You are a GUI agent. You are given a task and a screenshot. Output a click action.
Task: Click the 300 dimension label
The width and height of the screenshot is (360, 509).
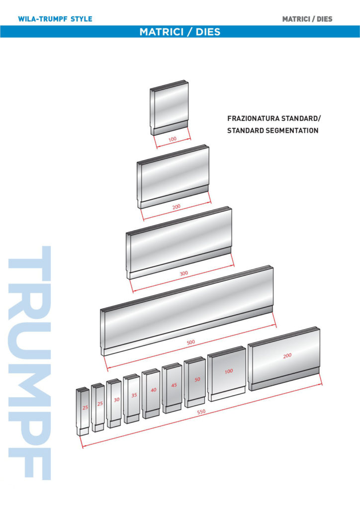(x=184, y=273)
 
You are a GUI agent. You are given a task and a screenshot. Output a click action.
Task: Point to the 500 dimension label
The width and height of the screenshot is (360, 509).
(x=191, y=342)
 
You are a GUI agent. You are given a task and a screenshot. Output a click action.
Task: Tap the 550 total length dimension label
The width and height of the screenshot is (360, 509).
(x=201, y=412)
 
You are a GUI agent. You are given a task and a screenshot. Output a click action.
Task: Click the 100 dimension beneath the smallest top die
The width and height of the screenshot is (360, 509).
(x=173, y=139)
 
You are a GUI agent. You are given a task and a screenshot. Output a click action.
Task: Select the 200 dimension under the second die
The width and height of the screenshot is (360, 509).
(x=176, y=206)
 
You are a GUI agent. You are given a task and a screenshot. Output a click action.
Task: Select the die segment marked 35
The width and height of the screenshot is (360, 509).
(x=131, y=399)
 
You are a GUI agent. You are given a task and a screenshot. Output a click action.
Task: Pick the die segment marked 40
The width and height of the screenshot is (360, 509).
(x=151, y=394)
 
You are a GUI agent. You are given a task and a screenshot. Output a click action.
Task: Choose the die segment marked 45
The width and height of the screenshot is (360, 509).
(x=172, y=388)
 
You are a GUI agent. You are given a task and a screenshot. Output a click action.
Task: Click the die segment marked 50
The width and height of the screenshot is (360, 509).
(x=195, y=382)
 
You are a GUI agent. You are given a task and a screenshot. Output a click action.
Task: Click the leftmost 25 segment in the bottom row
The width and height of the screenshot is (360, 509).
(x=83, y=411)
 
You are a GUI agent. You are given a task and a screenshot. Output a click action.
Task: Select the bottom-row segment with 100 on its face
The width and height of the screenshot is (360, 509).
(x=227, y=373)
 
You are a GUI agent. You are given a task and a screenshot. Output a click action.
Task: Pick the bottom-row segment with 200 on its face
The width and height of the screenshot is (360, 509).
(x=284, y=359)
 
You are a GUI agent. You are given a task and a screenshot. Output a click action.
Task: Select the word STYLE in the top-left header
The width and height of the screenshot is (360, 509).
(x=82, y=19)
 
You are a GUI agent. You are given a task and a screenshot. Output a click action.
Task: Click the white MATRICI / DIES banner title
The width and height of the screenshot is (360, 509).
(x=180, y=32)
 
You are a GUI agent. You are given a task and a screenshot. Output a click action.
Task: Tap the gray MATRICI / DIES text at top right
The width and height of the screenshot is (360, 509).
(x=307, y=19)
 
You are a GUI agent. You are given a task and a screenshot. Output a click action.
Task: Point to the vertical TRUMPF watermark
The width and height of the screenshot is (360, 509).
(x=29, y=362)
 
